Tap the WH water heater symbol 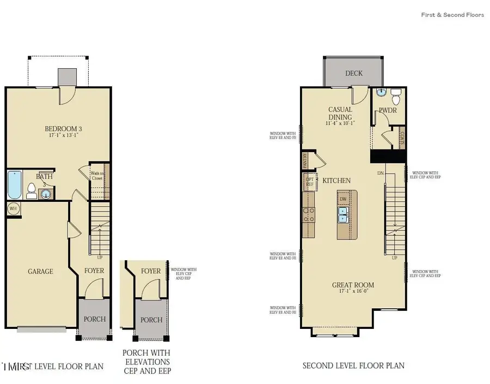point(13,208)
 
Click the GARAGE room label point(41,271)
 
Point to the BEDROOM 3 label point(63,129)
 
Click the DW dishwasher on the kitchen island point(343,200)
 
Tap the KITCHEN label point(336,181)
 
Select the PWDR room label point(387,111)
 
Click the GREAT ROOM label point(353,285)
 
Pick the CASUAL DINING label point(340,113)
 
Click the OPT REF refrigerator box point(309,182)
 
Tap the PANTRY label point(305,161)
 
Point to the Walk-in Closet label point(97,176)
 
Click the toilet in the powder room point(396,97)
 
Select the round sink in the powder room point(381,93)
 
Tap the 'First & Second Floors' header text point(452,15)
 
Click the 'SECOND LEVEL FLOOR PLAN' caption point(353,365)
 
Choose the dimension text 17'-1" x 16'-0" point(353,292)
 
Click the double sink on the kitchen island point(344,218)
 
